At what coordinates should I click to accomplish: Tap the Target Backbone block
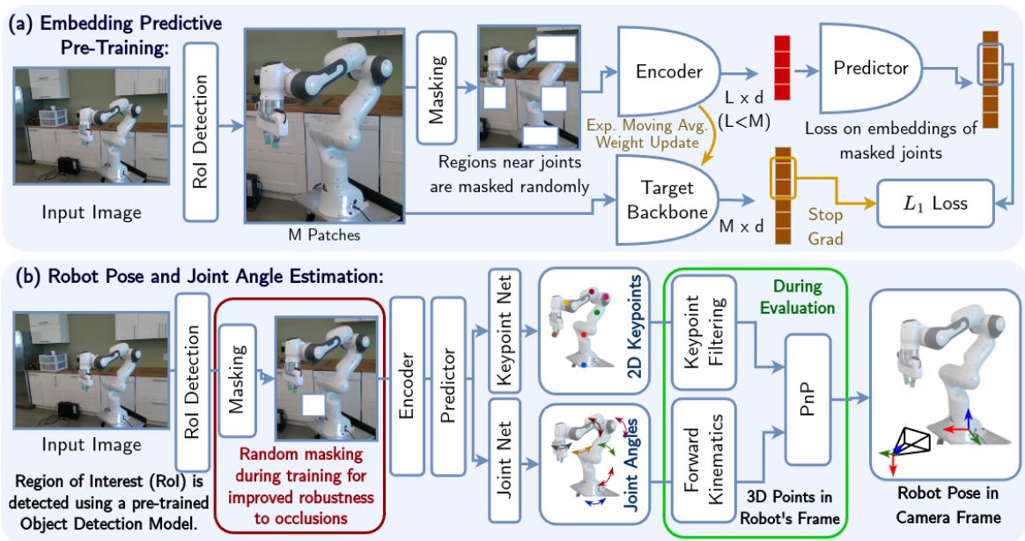665,199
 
